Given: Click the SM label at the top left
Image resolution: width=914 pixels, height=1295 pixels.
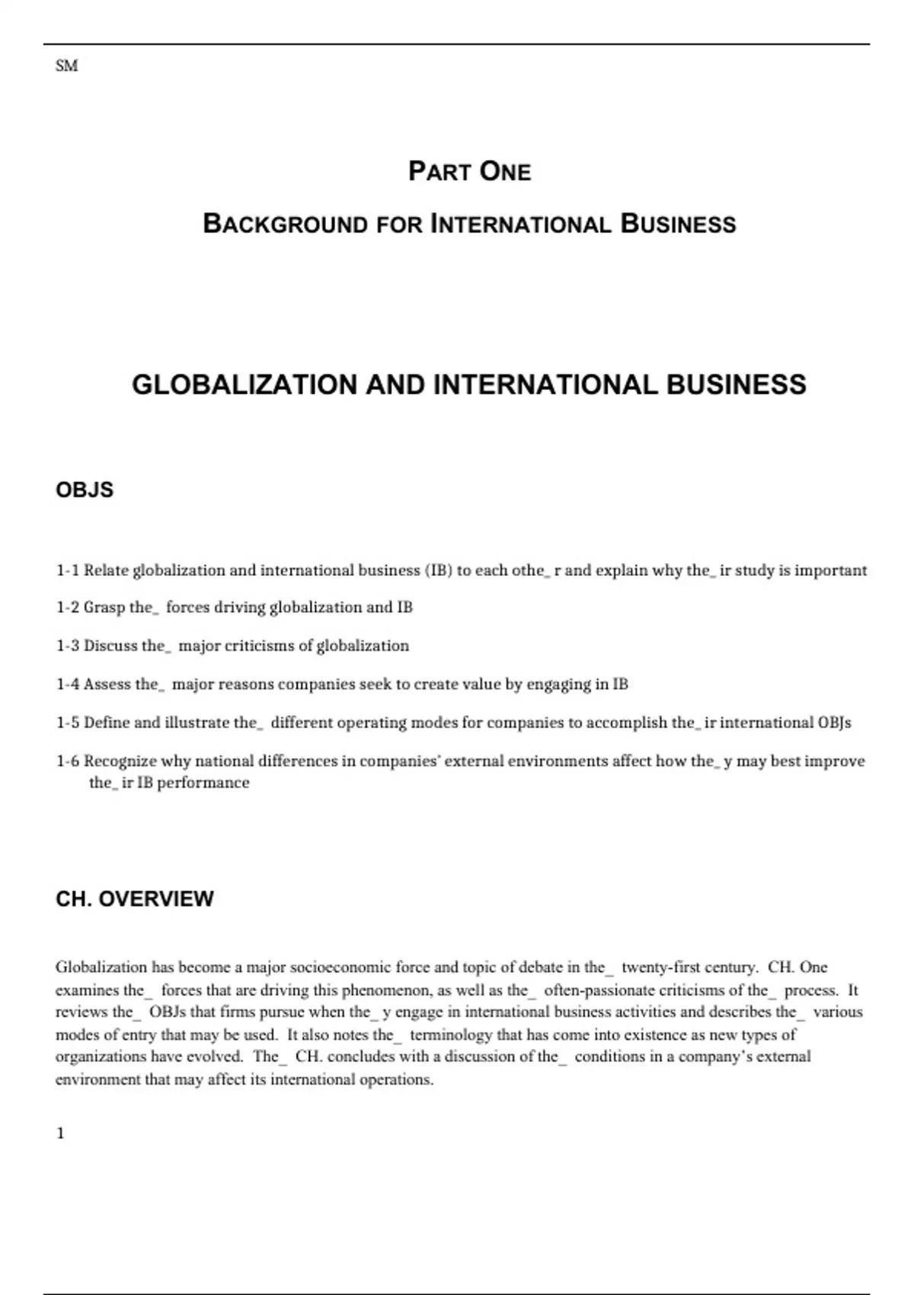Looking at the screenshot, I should point(66,66).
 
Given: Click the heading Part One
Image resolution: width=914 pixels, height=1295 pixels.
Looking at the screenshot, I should point(469,171).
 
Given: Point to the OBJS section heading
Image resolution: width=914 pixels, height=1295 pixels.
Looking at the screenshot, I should point(85,490).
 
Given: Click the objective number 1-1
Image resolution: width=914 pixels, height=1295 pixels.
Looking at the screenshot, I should point(67,571).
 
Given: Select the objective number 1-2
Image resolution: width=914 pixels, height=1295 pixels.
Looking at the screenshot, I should point(67,608).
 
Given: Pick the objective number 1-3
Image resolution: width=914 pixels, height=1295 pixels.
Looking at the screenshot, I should point(67,646).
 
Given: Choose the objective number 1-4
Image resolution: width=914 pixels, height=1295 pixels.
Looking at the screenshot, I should point(67,684).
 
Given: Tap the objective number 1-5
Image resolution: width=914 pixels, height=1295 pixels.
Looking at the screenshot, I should point(67,722).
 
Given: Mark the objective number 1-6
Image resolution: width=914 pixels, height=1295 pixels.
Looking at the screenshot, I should point(67,761).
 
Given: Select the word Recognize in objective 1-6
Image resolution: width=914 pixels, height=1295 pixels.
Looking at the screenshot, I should point(120,761).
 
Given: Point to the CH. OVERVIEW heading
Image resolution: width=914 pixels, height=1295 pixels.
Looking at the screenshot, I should point(135,899).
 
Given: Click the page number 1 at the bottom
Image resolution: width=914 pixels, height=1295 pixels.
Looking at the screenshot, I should point(60,1134).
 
